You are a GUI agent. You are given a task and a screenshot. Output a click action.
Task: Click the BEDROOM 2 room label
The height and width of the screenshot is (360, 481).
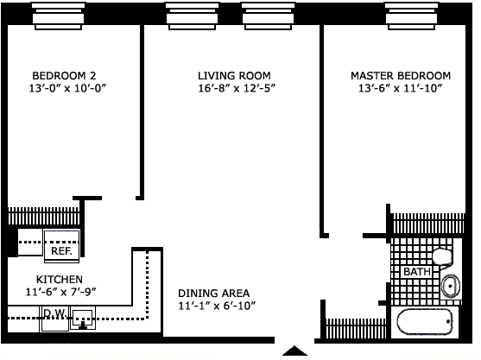coord(64,75)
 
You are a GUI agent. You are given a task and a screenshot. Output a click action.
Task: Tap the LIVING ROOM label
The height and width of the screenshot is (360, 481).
coord(234,75)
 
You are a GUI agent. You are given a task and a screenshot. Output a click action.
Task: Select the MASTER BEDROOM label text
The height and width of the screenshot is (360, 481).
coord(401,75)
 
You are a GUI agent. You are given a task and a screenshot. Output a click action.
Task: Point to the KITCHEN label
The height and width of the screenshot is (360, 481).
coord(60,280)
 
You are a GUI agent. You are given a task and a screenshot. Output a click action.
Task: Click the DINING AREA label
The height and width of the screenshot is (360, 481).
coord(214,294)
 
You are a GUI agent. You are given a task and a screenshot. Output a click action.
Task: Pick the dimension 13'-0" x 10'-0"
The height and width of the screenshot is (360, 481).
coord(67,88)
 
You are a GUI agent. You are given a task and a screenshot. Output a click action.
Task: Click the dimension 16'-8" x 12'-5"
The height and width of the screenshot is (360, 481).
coord(237,88)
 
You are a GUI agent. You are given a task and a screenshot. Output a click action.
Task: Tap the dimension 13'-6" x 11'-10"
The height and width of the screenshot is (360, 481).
coord(401,88)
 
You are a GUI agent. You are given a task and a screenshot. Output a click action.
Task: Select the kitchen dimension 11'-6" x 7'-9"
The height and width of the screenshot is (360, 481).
coord(61,292)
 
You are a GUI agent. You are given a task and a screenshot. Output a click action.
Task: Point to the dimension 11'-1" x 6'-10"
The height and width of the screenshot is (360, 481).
coord(217,306)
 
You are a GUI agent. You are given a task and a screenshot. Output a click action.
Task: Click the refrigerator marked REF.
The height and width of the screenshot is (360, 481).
coord(61,246)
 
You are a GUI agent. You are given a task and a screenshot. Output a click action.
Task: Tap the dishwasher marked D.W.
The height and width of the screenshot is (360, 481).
coord(54,319)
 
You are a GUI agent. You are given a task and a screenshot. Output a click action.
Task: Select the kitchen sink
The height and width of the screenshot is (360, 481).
coord(83,319)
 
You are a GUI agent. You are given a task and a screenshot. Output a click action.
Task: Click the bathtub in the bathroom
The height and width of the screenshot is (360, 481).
coord(425,322)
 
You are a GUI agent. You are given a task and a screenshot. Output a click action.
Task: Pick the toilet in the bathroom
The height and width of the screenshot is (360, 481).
coord(443,257)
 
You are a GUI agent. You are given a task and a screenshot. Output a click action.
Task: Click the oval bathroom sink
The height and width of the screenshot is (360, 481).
coord(450,286)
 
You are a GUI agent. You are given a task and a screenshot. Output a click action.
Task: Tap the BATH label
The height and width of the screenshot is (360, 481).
coord(417,272)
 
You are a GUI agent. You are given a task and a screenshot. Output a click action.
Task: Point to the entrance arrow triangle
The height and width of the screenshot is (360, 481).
coord(294,351)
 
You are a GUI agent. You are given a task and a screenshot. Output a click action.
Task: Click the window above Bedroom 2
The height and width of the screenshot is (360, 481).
coord(58,16)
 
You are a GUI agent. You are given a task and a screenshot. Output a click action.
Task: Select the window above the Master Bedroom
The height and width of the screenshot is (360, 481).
coord(411,16)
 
